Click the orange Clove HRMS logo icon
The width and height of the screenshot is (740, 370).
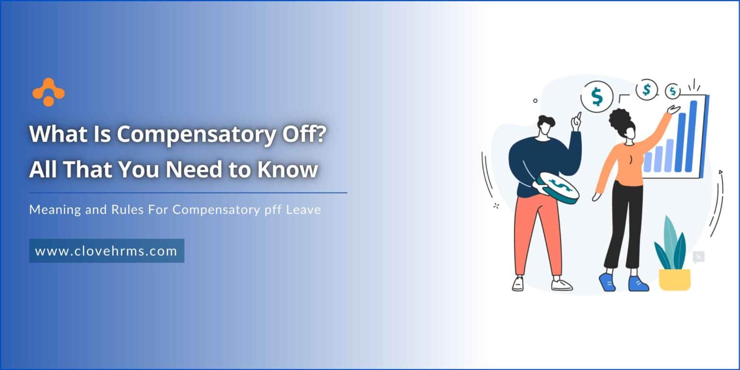coord(48,92)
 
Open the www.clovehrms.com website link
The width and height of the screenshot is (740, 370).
coord(106,251)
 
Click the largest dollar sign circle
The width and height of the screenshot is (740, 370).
coord(597,97)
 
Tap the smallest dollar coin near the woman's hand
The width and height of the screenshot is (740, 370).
coord(673,91)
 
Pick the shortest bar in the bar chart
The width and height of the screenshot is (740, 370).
coord(648,161)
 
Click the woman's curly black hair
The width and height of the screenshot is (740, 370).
coord(621,120)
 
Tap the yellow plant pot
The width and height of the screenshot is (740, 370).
coord(674,279)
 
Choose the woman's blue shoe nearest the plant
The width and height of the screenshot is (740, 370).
coord(637,283)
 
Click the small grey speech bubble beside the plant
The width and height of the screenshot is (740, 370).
coord(698,257)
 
